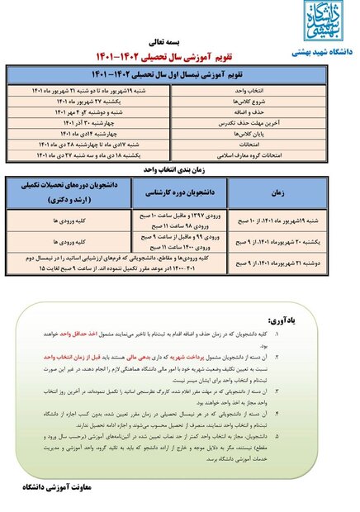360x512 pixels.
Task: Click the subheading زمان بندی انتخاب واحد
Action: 179,167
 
